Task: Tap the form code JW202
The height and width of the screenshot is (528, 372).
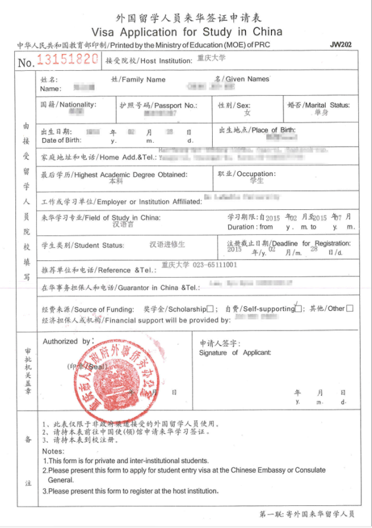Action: pos(341,45)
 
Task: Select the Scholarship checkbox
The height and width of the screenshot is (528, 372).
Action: pos(210,309)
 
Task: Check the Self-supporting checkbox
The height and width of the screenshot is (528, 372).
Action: pos(298,309)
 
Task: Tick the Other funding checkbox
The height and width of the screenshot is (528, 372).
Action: pos(350,308)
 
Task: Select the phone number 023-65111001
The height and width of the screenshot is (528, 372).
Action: pos(215,265)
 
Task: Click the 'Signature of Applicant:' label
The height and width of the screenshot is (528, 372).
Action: pos(235,353)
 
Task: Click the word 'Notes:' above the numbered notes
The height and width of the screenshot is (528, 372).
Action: pos(54,451)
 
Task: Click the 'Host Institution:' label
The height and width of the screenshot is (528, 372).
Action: pos(166,61)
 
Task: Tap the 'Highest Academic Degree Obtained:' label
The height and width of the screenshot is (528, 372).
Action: pos(131,175)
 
